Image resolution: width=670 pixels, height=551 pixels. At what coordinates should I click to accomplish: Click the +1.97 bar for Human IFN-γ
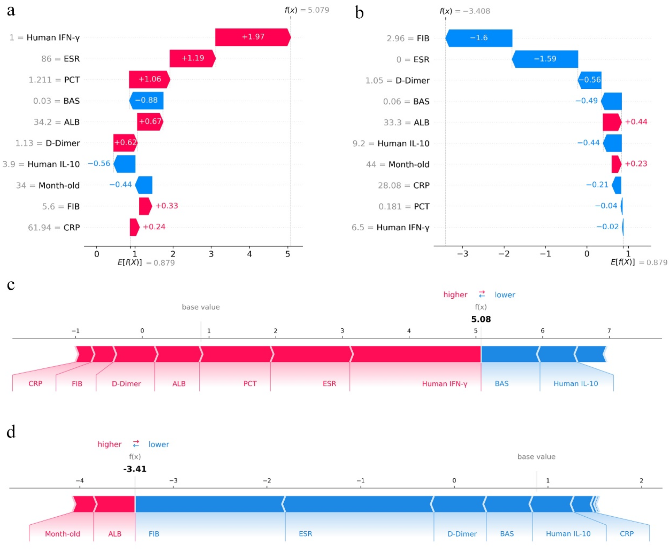click(x=253, y=37)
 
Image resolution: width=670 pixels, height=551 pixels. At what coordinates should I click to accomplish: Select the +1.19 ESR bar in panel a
click(x=193, y=58)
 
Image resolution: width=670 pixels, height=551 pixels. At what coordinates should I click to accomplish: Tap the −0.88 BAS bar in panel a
click(x=146, y=100)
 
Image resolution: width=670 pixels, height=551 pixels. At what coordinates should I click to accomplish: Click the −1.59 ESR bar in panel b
click(x=545, y=59)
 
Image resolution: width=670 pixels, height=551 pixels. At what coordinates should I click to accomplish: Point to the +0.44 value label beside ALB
click(x=636, y=122)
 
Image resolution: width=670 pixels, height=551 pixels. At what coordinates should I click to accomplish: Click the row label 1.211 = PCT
click(x=54, y=80)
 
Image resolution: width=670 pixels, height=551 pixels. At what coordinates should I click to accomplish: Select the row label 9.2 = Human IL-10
click(x=391, y=144)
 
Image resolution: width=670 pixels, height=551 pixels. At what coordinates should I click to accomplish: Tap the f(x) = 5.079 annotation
click(x=307, y=10)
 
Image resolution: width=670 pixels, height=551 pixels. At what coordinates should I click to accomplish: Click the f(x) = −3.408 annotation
click(x=464, y=11)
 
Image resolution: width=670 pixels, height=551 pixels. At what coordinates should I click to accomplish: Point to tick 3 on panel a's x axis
click(x=211, y=254)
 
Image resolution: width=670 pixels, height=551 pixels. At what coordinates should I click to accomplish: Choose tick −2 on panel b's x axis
click(x=504, y=254)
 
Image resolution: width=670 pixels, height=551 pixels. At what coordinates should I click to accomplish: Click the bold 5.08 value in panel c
click(x=481, y=319)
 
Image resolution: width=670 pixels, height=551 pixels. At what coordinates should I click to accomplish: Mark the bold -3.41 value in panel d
click(x=135, y=469)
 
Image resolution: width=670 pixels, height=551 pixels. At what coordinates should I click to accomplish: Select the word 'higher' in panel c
click(x=455, y=295)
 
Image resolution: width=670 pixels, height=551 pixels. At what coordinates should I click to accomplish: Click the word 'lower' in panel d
click(x=159, y=445)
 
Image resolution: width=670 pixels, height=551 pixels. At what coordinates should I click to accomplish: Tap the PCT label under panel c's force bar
click(x=250, y=384)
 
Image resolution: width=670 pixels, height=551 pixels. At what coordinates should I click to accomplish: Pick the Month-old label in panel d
click(x=62, y=534)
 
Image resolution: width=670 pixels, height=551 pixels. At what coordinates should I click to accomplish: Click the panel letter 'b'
click(x=359, y=13)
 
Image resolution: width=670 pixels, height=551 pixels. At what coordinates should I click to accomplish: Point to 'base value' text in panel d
click(x=536, y=457)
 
